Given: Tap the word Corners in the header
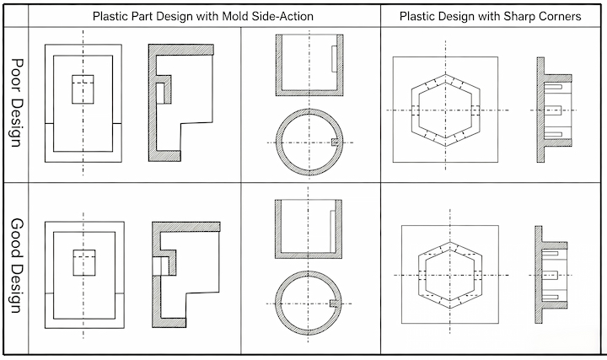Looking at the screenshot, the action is click(x=561, y=16).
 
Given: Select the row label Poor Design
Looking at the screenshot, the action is click(x=16, y=103).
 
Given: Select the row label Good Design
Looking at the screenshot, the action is click(x=16, y=266).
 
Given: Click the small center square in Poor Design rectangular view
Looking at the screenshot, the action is click(x=83, y=89).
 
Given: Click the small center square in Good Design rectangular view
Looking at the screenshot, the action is click(x=84, y=263).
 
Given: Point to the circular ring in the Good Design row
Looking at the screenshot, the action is click(x=309, y=274).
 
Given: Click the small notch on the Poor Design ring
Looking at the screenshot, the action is click(x=336, y=142).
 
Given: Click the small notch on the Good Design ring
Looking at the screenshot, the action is click(x=334, y=304).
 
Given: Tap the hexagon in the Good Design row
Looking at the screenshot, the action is click(x=422, y=275).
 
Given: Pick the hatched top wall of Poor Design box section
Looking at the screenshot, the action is click(x=181, y=50).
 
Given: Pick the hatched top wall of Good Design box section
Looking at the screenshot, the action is click(x=186, y=227).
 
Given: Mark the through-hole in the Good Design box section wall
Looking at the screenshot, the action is click(x=157, y=266).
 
